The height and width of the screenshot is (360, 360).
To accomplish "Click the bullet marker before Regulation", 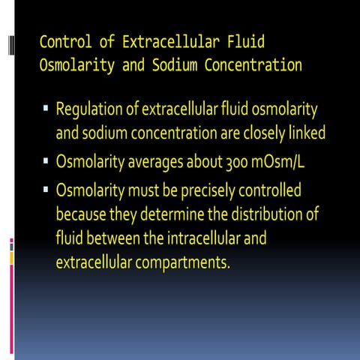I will click(x=46, y=109).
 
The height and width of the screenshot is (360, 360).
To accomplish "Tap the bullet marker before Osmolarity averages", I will click(x=46, y=160).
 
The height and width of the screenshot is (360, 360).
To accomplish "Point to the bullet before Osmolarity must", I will click(x=46, y=187).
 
